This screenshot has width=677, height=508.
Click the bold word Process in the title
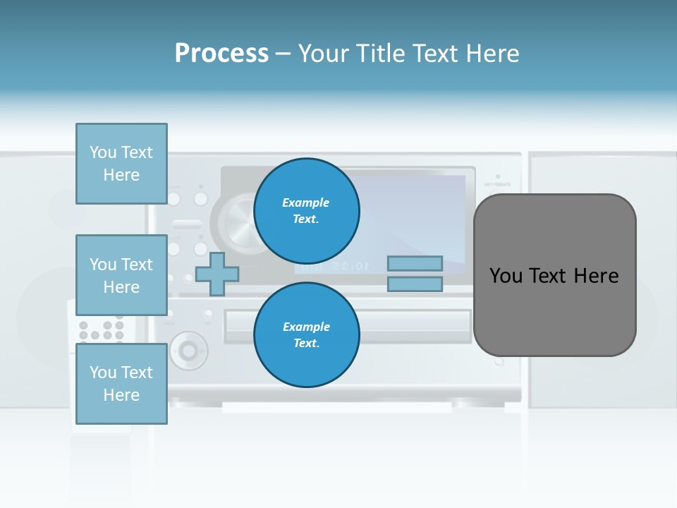click(221, 54)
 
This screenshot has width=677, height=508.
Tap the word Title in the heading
click(381, 54)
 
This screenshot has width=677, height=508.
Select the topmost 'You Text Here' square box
click(121, 164)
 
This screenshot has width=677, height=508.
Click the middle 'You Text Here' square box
click(121, 275)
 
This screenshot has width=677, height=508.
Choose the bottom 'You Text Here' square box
click(121, 383)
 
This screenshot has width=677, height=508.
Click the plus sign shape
click(217, 274)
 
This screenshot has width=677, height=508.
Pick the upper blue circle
click(307, 211)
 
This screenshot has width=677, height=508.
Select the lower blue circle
click(307, 335)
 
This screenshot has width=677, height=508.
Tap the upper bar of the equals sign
click(415, 263)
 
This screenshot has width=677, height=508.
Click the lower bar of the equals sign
click(415, 284)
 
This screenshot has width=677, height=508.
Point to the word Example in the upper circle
click(306, 202)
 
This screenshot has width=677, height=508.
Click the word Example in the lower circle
click(306, 327)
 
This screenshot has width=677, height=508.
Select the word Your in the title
click(323, 54)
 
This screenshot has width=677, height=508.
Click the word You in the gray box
click(506, 276)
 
